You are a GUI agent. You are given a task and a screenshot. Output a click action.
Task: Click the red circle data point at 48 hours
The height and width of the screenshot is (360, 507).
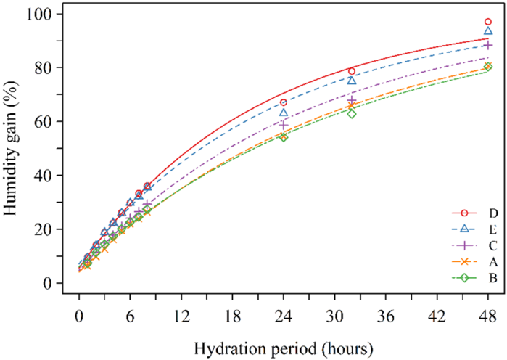click(x=488, y=22)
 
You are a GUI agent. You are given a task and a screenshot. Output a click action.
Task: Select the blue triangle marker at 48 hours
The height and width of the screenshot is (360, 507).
click(x=488, y=31)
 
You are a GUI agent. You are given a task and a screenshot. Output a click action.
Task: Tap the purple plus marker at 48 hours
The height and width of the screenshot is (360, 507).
click(x=488, y=45)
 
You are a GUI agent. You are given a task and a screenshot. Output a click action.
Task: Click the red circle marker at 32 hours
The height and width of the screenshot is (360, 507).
click(x=352, y=71)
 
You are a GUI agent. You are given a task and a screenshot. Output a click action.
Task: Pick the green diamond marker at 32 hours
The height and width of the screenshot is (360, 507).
click(x=352, y=113)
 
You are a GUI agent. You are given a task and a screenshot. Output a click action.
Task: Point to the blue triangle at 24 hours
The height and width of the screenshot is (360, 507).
click(x=284, y=112)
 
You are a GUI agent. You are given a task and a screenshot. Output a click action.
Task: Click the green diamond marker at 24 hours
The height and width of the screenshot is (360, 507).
click(x=284, y=136)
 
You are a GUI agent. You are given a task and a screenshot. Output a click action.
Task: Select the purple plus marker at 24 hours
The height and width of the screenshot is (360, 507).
click(x=284, y=125)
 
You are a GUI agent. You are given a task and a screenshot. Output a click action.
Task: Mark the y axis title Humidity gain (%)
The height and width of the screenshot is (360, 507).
click(x=15, y=149)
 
